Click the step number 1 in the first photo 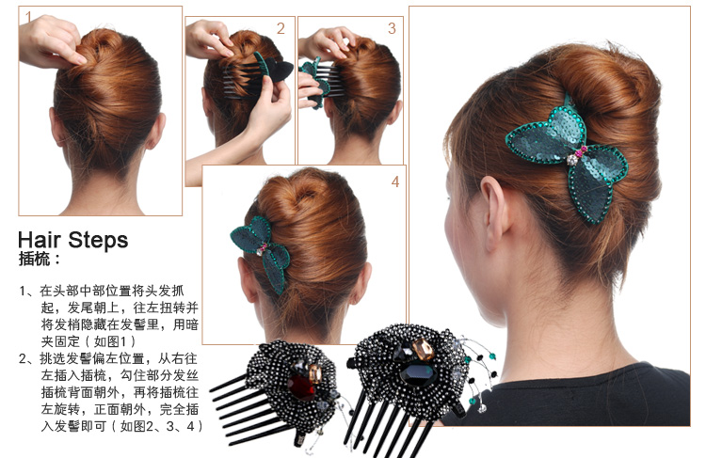tap(29, 18)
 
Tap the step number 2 tap(281, 28)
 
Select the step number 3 tap(392, 28)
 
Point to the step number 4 tap(395, 182)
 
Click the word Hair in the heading tap(40, 240)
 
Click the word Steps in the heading tap(98, 240)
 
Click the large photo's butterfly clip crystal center tap(572, 159)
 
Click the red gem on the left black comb tap(301, 387)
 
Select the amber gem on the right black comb tap(423, 349)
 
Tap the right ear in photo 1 tap(155, 132)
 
